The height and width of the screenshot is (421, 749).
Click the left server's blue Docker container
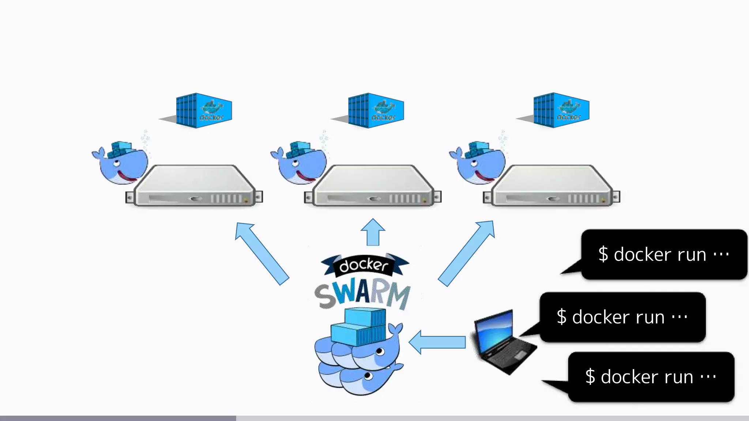click(204, 110)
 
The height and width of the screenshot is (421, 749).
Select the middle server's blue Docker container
click(376, 110)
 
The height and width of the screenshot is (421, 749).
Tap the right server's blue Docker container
click(561, 110)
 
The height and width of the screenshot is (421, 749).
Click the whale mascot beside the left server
click(121, 163)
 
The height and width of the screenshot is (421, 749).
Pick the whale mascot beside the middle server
click(300, 163)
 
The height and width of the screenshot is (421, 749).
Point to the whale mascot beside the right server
click(478, 163)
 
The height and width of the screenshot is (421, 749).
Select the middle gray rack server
click(373, 186)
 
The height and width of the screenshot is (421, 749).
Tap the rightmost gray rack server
click(552, 186)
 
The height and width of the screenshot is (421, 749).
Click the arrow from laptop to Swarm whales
click(437, 342)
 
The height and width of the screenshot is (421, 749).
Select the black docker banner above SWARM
click(364, 265)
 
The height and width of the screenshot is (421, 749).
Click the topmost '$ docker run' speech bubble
click(664, 254)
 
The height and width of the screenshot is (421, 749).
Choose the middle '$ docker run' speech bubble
click(622, 317)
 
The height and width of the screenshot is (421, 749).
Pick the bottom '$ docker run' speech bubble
click(651, 377)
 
